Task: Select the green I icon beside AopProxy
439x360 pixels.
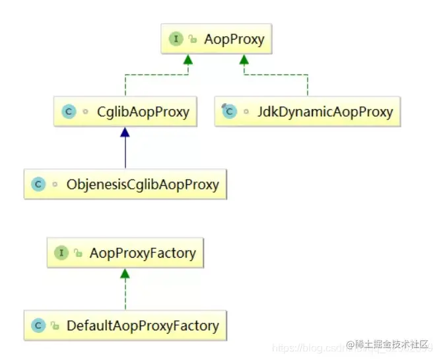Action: click(x=176, y=39)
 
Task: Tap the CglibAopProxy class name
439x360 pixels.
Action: click(x=142, y=112)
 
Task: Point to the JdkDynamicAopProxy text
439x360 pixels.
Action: click(x=325, y=112)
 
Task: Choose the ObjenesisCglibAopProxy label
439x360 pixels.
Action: click(x=143, y=184)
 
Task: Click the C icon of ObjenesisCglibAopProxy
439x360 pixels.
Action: click(x=38, y=184)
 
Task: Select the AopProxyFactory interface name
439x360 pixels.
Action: click(x=143, y=252)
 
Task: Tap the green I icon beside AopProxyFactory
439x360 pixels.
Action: click(x=62, y=252)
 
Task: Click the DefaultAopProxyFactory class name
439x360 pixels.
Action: click(x=142, y=326)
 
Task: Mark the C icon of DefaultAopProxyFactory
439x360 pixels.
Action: click(x=38, y=326)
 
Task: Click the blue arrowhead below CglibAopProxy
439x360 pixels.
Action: click(x=125, y=133)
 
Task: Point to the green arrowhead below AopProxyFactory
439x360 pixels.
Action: click(x=125, y=273)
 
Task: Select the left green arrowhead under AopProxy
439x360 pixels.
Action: click(x=188, y=60)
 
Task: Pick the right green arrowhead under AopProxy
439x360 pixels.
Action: click(x=244, y=60)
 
